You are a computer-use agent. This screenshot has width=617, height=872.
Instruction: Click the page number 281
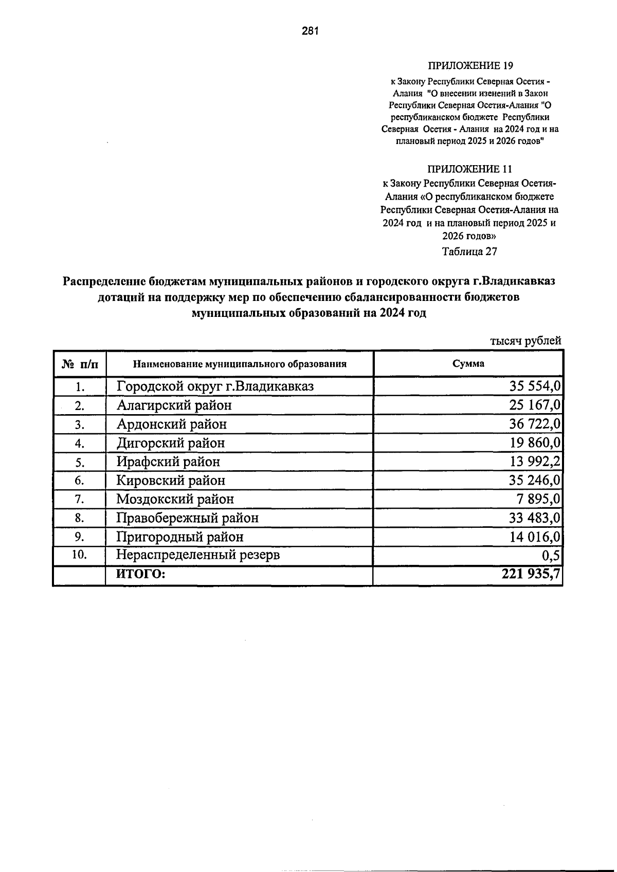311,31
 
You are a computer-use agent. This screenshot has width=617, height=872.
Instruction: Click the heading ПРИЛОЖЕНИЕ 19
470,66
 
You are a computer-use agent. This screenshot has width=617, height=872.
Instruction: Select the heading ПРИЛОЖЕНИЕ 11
470,169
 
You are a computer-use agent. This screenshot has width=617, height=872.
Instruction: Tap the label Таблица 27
469,252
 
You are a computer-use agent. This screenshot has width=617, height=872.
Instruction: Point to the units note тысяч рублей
525,341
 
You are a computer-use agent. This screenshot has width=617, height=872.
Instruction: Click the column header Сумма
468,364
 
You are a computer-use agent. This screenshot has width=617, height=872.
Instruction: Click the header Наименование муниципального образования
240,364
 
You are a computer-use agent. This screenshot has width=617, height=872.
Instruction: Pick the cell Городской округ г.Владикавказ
215,386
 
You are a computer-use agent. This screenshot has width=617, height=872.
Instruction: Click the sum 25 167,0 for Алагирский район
535,405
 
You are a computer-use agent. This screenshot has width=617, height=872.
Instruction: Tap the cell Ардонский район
171,424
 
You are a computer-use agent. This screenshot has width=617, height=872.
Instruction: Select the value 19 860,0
535,443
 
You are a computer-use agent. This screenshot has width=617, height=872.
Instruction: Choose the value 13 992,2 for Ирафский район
535,462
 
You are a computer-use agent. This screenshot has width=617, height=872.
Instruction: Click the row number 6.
79,481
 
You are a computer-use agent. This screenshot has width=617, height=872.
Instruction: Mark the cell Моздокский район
175,499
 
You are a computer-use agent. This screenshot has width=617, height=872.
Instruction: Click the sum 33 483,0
535,518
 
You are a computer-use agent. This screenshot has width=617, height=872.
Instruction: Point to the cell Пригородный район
179,537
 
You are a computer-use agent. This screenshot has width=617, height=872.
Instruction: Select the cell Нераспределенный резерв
198,555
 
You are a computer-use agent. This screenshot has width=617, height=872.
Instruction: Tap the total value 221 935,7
531,574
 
